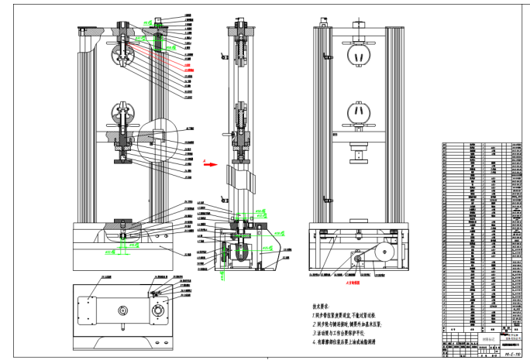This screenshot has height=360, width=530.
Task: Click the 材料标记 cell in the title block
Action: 487,339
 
